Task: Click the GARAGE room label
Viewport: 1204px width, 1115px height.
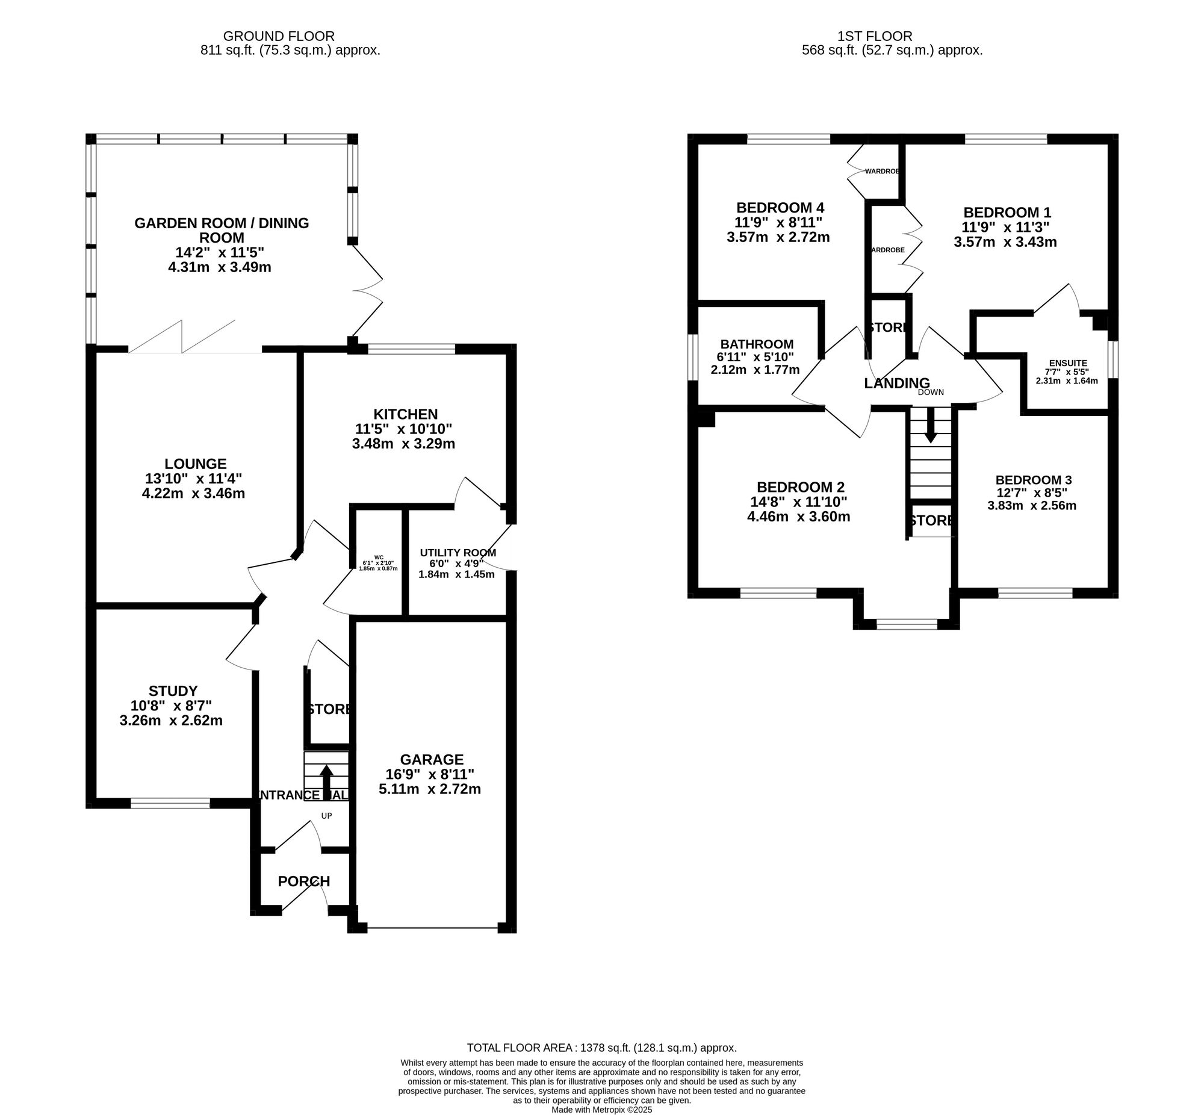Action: point(431,759)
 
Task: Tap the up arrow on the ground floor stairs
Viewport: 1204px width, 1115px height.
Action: point(326,779)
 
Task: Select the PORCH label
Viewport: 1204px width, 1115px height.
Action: point(304,881)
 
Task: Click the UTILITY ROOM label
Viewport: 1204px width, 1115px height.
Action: point(458,553)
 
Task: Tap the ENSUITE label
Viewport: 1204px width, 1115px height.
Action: point(1068,362)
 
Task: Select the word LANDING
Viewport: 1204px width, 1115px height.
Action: point(896,383)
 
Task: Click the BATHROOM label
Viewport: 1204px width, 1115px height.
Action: point(756,344)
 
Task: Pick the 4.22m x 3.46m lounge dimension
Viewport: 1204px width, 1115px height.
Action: point(193,494)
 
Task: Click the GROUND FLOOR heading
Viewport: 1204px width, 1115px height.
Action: point(279,37)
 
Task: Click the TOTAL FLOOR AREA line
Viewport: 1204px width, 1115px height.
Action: point(601,1048)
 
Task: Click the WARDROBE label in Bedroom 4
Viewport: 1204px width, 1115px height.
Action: point(882,172)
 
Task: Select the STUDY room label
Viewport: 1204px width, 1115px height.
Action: point(173,691)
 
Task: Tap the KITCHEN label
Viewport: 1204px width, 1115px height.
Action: point(405,414)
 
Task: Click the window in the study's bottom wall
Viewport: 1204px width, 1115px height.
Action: point(171,803)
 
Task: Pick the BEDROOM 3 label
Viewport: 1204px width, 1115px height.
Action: point(1033,480)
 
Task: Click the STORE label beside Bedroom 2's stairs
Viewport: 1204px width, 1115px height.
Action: point(931,521)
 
